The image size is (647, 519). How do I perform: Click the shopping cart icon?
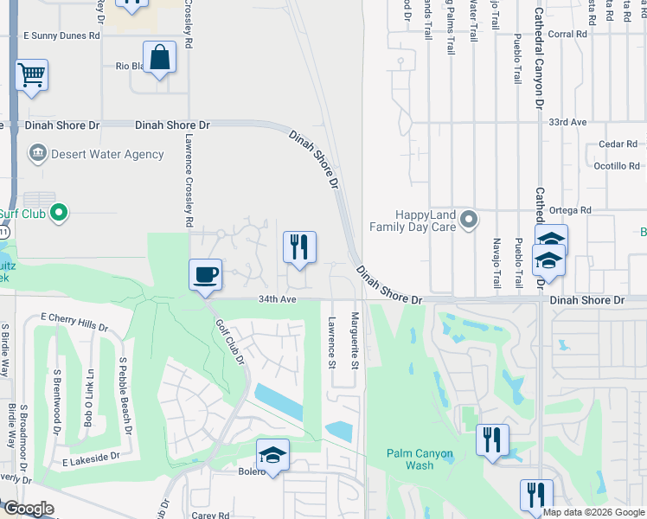(31, 74)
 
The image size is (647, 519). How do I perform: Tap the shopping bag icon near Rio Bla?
(160, 58)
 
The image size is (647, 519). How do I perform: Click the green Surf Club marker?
(59, 211)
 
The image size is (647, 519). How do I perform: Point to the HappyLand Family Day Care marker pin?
(469, 220)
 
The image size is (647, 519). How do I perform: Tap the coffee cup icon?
(206, 275)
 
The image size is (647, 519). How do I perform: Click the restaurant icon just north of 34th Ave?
(299, 247)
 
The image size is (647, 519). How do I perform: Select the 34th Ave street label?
(277, 299)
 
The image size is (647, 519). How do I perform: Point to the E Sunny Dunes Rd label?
(61, 35)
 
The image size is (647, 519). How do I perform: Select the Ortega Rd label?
(573, 210)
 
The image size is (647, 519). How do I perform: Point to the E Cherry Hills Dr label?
(74, 324)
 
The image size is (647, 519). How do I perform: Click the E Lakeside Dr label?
(89, 465)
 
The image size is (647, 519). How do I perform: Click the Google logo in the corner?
(29, 509)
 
